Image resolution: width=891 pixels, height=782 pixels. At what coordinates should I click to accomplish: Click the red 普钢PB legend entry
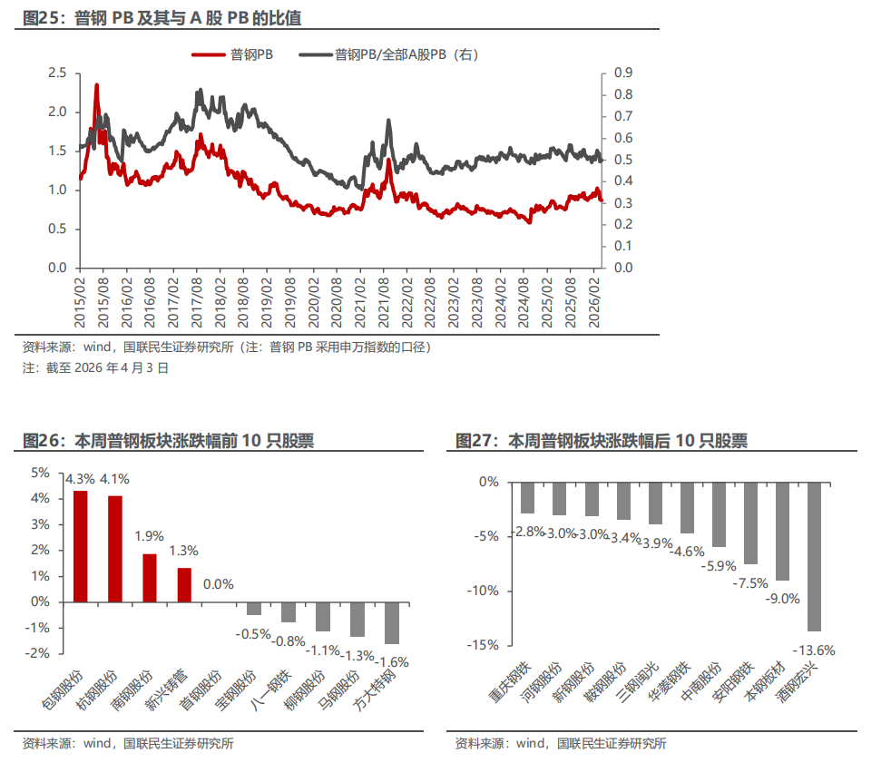coord(233,55)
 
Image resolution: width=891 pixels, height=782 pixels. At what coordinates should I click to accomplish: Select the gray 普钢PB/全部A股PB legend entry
coord(390,55)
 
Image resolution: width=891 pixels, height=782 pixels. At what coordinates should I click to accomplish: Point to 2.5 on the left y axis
coord(57,73)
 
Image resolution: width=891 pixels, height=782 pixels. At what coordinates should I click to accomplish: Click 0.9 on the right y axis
coord(623,73)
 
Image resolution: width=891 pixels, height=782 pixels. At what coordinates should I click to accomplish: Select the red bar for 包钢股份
coord(81,546)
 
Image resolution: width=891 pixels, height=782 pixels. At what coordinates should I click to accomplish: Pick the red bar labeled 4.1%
coord(115,548)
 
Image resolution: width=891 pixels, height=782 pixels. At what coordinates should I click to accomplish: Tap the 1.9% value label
coord(150,536)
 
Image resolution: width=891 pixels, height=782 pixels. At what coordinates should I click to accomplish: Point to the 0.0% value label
coord(219,584)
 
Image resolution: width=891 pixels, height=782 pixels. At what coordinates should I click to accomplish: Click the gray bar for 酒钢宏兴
coord(813,556)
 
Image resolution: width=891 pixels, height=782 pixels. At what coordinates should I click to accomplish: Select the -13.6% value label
coord(813,650)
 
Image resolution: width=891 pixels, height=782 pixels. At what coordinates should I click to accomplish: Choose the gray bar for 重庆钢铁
coord(527,497)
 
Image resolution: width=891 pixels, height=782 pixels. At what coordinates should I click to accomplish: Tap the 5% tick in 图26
coord(41,473)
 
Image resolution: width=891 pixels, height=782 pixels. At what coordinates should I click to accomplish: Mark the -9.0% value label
coord(782,599)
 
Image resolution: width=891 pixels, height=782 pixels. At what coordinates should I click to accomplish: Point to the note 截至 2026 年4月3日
coord(95,368)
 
